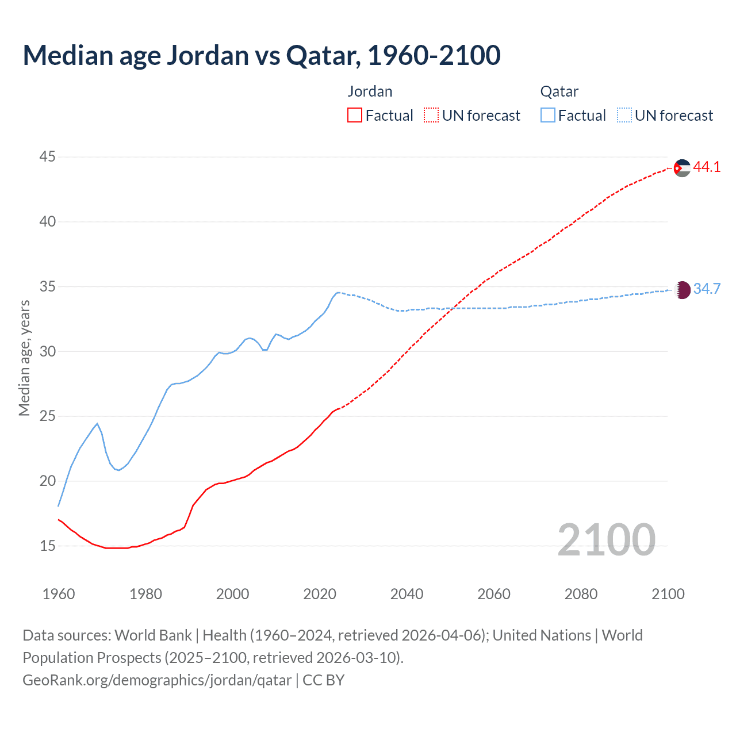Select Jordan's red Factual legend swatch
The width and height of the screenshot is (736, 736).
[355, 116]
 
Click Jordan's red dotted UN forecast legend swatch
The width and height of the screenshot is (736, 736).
[431, 116]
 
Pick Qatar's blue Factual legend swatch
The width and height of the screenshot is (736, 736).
[548, 116]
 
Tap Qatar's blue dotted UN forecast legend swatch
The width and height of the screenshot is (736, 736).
[624, 116]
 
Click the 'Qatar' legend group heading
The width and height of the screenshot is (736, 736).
[559, 91]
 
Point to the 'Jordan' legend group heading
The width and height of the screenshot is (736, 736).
[370, 91]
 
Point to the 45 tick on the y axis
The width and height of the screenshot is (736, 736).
[48, 156]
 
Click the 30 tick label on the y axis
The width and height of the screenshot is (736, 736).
[48, 351]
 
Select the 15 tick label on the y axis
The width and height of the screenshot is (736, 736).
[48, 546]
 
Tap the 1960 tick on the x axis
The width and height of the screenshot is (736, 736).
[59, 594]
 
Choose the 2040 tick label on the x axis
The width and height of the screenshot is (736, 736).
[407, 594]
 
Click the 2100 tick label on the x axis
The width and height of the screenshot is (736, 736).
[668, 594]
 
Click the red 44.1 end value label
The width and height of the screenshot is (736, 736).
[707, 167]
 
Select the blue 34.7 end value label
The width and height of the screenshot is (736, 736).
[707, 289]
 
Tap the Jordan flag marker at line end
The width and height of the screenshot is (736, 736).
[682, 168]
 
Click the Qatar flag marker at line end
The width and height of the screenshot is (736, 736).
[682, 290]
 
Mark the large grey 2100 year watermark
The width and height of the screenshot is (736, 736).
[606, 539]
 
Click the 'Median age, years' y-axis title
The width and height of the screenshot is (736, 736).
[24, 358]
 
